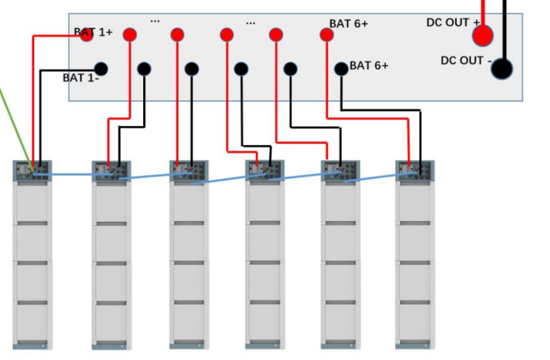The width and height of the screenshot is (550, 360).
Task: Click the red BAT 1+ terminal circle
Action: (x=87, y=35)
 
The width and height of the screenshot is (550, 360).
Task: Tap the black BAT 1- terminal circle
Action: (x=101, y=69)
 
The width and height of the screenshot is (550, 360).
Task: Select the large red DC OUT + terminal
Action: (x=483, y=35)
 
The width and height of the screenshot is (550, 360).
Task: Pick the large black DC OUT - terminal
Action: (x=502, y=68)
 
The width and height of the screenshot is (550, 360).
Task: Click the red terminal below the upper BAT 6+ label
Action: (x=327, y=35)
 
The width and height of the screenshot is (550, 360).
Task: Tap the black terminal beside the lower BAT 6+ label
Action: (x=341, y=69)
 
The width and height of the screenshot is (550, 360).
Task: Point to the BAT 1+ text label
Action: (x=93, y=32)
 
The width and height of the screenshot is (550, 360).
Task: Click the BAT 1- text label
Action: (x=81, y=78)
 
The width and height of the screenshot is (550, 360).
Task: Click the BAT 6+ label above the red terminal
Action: (x=348, y=23)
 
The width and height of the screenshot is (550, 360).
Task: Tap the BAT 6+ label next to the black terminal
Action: (x=369, y=65)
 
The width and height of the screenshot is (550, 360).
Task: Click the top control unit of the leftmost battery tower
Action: (x=32, y=170)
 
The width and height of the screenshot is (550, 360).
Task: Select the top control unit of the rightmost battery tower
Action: (x=414, y=170)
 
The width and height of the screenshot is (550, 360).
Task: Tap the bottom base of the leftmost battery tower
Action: (x=32, y=343)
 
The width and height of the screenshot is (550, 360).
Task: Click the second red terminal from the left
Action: (x=129, y=35)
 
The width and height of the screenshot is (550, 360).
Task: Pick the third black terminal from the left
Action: (x=191, y=69)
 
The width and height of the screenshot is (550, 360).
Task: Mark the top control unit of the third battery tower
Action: (x=189, y=170)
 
